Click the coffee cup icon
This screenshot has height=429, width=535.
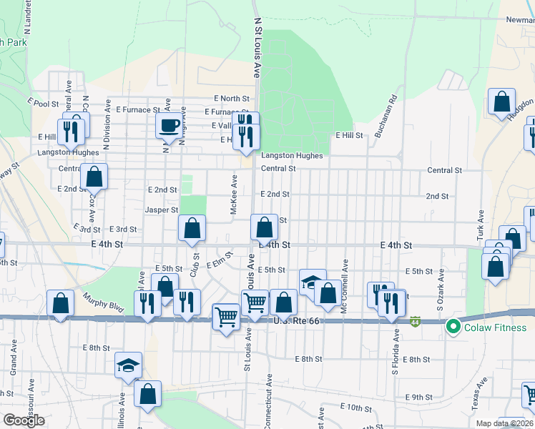pos(170,126)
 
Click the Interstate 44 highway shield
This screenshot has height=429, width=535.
pos(416,322)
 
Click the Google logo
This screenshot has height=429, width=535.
pos(24,420)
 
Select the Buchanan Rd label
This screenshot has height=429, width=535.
pos(386,117)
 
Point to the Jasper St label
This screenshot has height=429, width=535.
pos(161,210)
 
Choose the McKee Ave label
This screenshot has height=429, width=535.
pos(234,194)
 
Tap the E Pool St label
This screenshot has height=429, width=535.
pos(45,104)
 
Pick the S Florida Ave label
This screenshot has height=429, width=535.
pos(394,352)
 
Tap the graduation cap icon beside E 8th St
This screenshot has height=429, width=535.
pos(128,365)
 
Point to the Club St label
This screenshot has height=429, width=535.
pos(193,265)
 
